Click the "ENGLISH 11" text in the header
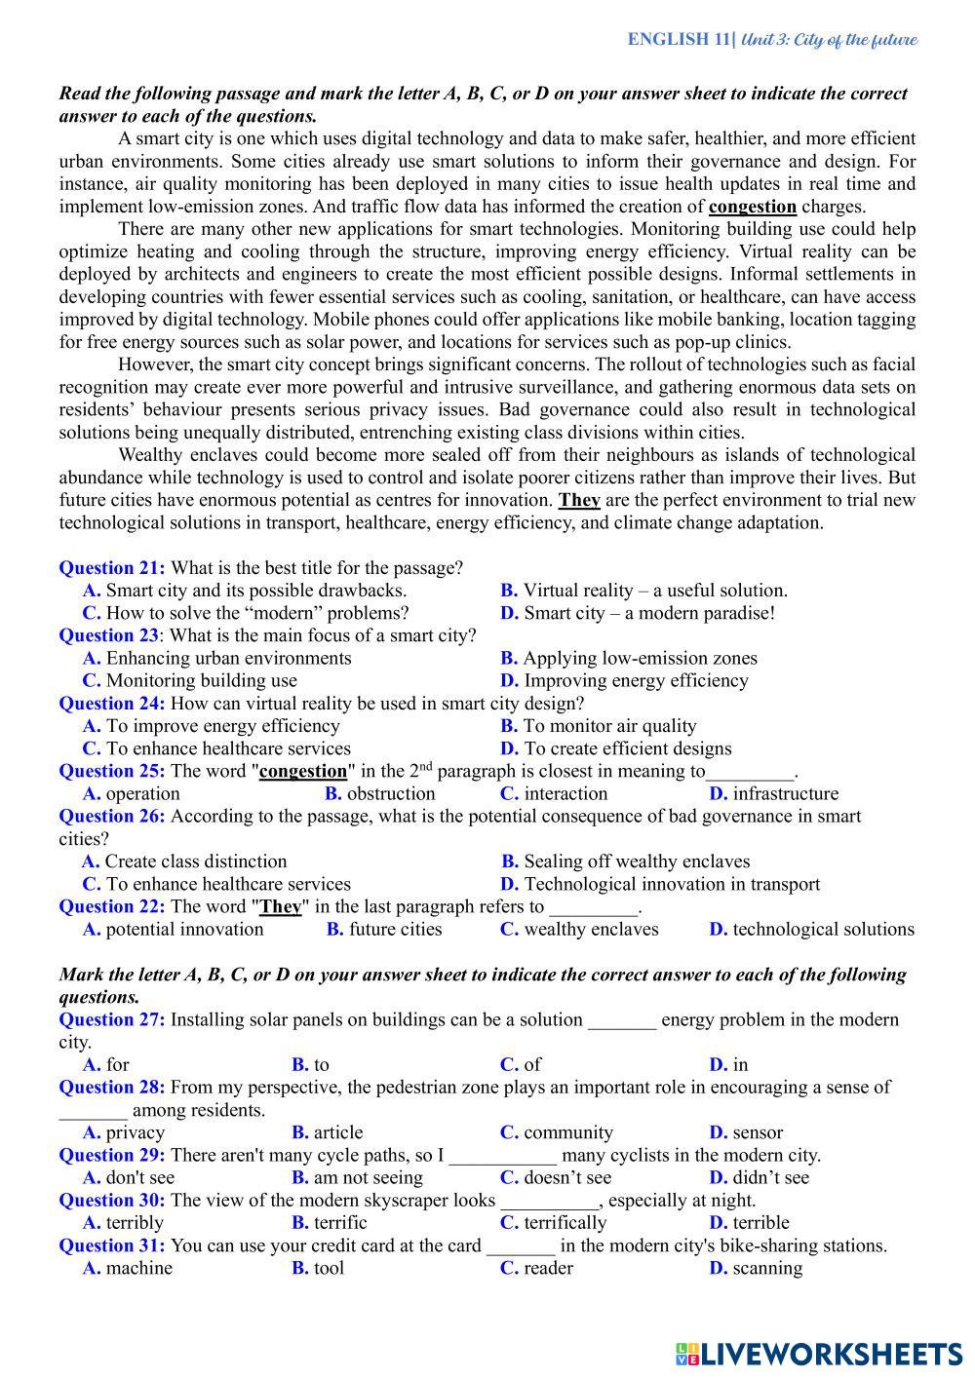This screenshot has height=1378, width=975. click(x=680, y=40)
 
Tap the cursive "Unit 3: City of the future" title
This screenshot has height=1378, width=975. click(x=830, y=40)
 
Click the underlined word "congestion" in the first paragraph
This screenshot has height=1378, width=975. click(x=752, y=207)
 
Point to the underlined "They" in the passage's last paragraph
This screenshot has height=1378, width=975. click(x=578, y=500)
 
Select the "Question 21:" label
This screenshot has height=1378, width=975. click(x=112, y=568)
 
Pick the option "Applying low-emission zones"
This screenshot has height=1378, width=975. click(x=640, y=658)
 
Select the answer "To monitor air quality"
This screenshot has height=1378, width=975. click(x=609, y=726)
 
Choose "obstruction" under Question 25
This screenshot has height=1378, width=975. click(x=391, y=793)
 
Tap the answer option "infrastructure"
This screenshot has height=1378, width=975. click(x=785, y=793)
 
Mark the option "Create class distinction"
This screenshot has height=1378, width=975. click(x=195, y=861)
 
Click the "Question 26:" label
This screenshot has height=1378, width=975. click(x=112, y=817)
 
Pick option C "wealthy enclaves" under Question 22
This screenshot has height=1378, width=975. click(x=591, y=929)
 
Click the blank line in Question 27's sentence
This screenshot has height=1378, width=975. click(x=622, y=1020)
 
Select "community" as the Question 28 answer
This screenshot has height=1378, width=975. click(x=568, y=1132)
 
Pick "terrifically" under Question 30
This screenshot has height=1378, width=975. click(x=565, y=1223)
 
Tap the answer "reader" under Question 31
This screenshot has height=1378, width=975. click(x=548, y=1268)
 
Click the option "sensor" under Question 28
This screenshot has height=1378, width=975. click(x=758, y=1132)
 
